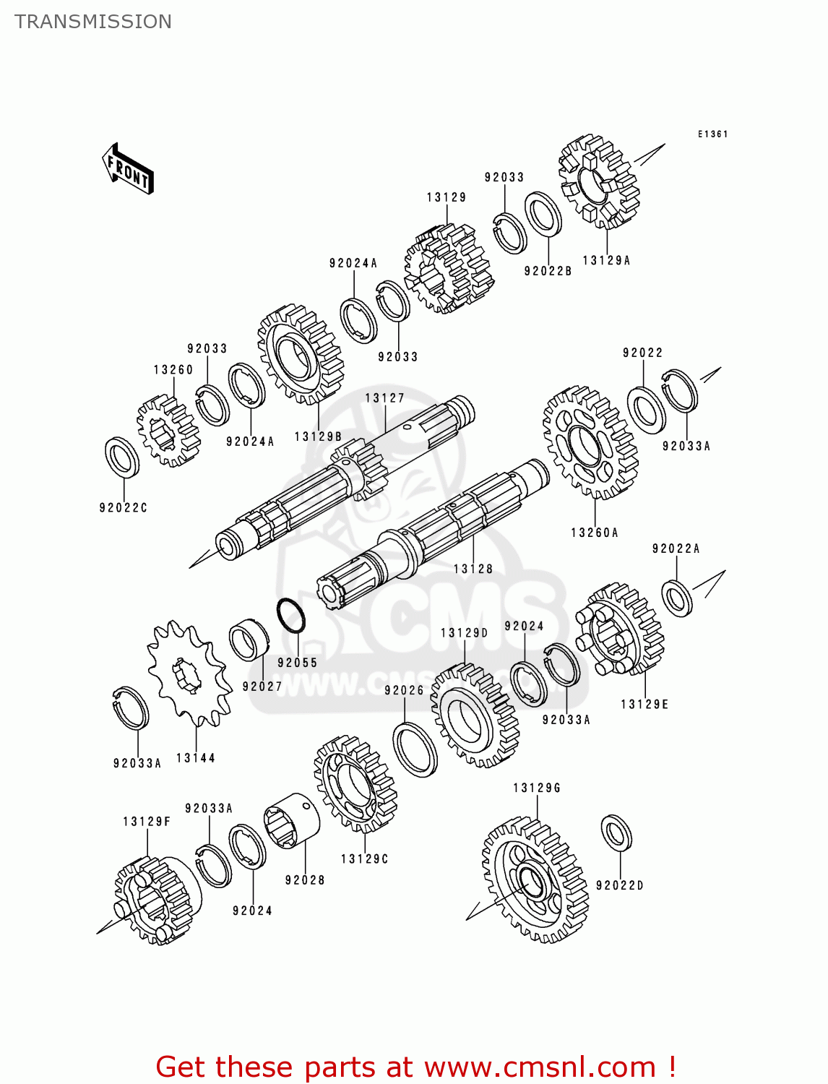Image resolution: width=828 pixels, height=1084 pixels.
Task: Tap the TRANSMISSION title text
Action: pos(93,22)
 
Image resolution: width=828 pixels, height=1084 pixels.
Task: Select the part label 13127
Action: pos(384,398)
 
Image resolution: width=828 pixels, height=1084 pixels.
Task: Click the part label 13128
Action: pos(473,569)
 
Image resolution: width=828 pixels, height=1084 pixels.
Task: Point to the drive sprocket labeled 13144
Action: pos(189,673)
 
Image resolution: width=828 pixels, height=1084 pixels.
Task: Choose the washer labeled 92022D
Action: pos(616,833)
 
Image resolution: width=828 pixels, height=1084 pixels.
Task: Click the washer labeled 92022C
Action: pos(122,457)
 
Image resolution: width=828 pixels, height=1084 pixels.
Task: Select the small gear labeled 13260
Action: pos(168,430)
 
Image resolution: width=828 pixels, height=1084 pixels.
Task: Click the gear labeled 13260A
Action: pos(590,442)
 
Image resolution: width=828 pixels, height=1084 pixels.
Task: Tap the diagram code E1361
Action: pos(712,134)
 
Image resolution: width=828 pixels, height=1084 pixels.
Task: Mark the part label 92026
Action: pos(404,690)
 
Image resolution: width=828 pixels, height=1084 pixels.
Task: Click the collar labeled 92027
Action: pos(249,640)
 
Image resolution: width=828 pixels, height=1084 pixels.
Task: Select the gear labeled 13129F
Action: pos(153,900)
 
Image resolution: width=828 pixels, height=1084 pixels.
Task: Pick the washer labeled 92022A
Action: pos(677,598)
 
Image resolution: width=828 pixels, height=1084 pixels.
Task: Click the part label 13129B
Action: pos(318,436)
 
